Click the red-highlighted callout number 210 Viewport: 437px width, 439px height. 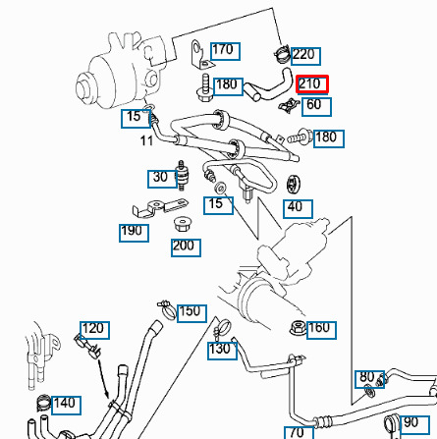click(x=311, y=84)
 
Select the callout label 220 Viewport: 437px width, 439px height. click(x=305, y=56)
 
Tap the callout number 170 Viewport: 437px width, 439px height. click(x=225, y=51)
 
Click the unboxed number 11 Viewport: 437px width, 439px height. click(x=146, y=140)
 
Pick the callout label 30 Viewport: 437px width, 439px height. click(x=162, y=179)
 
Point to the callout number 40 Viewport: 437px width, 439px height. click(x=298, y=209)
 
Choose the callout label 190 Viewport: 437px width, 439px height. click(x=134, y=233)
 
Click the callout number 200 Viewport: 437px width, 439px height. click(x=186, y=247)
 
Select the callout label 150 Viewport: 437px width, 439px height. click(x=191, y=313)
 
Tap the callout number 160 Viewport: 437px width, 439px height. click(x=321, y=330)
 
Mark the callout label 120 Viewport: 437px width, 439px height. click(x=94, y=330)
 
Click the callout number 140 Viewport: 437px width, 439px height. click(x=66, y=406)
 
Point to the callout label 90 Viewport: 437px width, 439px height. click(x=414, y=424)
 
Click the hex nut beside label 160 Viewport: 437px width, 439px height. click(x=298, y=328)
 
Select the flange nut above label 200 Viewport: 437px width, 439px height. click(x=182, y=224)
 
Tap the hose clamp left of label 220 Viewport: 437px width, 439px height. click(x=281, y=54)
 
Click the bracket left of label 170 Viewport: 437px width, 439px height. click(x=201, y=55)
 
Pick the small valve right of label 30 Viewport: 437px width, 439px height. click(x=181, y=175)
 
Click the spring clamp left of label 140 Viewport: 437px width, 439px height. click(x=43, y=403)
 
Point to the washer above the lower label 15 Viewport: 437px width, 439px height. click(x=221, y=188)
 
